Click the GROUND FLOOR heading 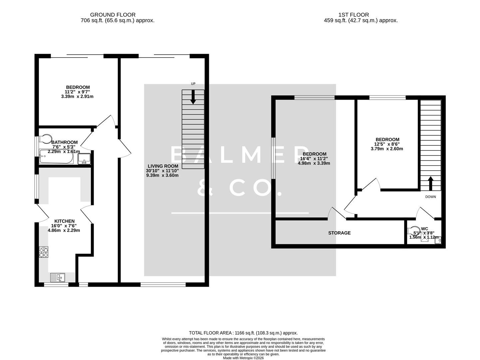point(113,15)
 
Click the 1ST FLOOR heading point(353,15)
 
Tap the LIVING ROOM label point(163,166)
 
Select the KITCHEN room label point(64,221)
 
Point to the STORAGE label point(339,233)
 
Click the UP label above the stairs point(193,84)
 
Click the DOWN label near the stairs point(430,197)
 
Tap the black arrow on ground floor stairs point(193,97)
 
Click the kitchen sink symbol point(58,277)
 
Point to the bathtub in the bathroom point(56,157)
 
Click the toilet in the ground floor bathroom point(45,139)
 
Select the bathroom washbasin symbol point(84,159)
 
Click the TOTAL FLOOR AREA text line point(243,333)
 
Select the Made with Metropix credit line point(243,358)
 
